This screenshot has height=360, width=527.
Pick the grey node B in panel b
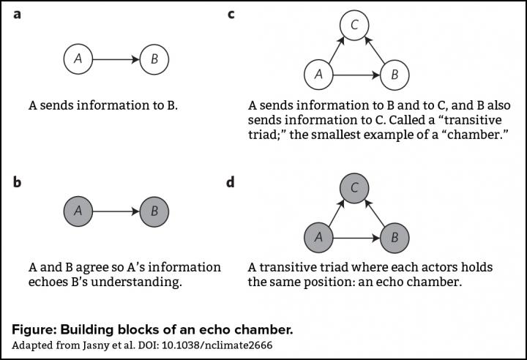[x=154, y=211]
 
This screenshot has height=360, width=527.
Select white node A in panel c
[x=318, y=74]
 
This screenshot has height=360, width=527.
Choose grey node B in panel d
[x=395, y=237]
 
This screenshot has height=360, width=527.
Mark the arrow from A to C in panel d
[x=336, y=213]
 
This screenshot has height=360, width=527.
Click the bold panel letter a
[x=16, y=15]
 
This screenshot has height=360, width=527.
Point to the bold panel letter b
[x=17, y=181]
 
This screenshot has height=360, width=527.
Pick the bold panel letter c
[x=231, y=15]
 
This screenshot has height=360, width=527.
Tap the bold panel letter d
[x=231, y=181]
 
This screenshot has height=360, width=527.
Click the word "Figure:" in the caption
[x=37, y=329]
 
